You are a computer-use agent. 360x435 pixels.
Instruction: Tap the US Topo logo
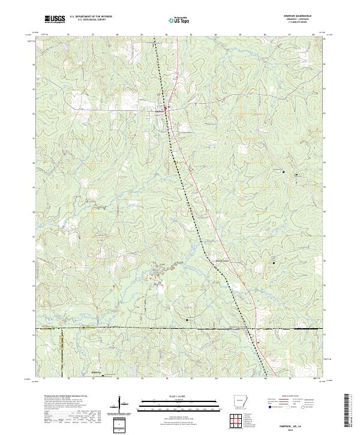(172, 20)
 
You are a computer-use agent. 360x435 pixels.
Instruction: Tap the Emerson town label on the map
(159, 109)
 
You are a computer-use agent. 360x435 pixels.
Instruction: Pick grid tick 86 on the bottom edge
(265, 379)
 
